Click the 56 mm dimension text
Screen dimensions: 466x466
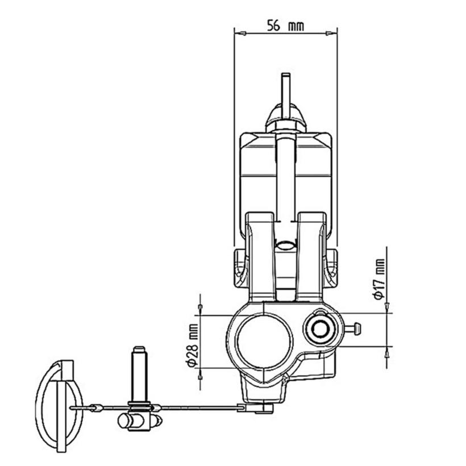pos(285,25)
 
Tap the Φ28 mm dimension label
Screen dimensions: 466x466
pos(193,345)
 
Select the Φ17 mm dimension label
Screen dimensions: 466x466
pos(379,279)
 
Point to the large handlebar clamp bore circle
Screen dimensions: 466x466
pos(263,342)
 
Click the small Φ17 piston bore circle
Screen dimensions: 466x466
pos(320,329)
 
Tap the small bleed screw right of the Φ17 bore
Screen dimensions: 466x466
pos(353,329)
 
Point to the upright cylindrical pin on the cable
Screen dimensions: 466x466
pos(139,374)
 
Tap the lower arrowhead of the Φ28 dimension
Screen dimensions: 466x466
pos(200,375)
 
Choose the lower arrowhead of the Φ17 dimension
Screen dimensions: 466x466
pos(386,352)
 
